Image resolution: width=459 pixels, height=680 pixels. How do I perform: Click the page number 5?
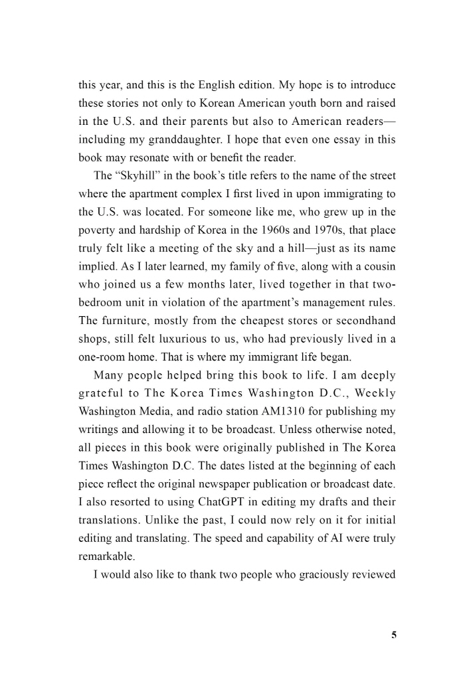point(394,635)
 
